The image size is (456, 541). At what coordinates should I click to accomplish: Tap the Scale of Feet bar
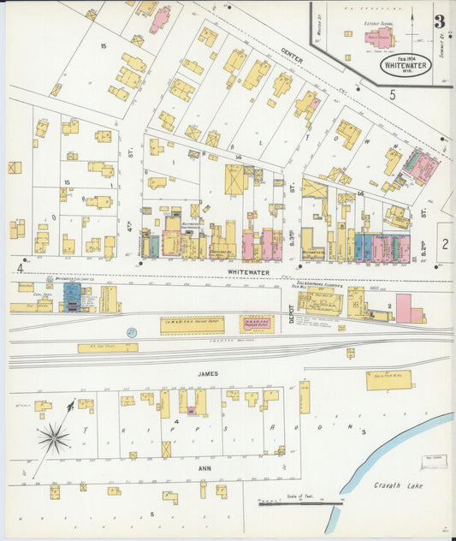(299, 503)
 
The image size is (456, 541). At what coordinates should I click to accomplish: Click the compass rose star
(53, 438)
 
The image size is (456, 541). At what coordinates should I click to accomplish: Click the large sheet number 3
(439, 22)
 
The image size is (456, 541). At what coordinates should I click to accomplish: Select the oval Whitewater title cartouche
(400, 62)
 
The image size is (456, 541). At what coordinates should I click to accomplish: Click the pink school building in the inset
(379, 38)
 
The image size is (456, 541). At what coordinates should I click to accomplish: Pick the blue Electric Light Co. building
(73, 297)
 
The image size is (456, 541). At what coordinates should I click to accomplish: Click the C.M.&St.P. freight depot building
(192, 324)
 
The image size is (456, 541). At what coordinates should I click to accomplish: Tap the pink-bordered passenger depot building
(257, 324)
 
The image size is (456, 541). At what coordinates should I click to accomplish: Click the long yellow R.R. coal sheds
(108, 348)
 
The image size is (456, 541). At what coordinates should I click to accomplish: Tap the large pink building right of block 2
(403, 308)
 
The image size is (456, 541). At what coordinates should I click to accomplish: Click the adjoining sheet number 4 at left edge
(18, 267)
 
